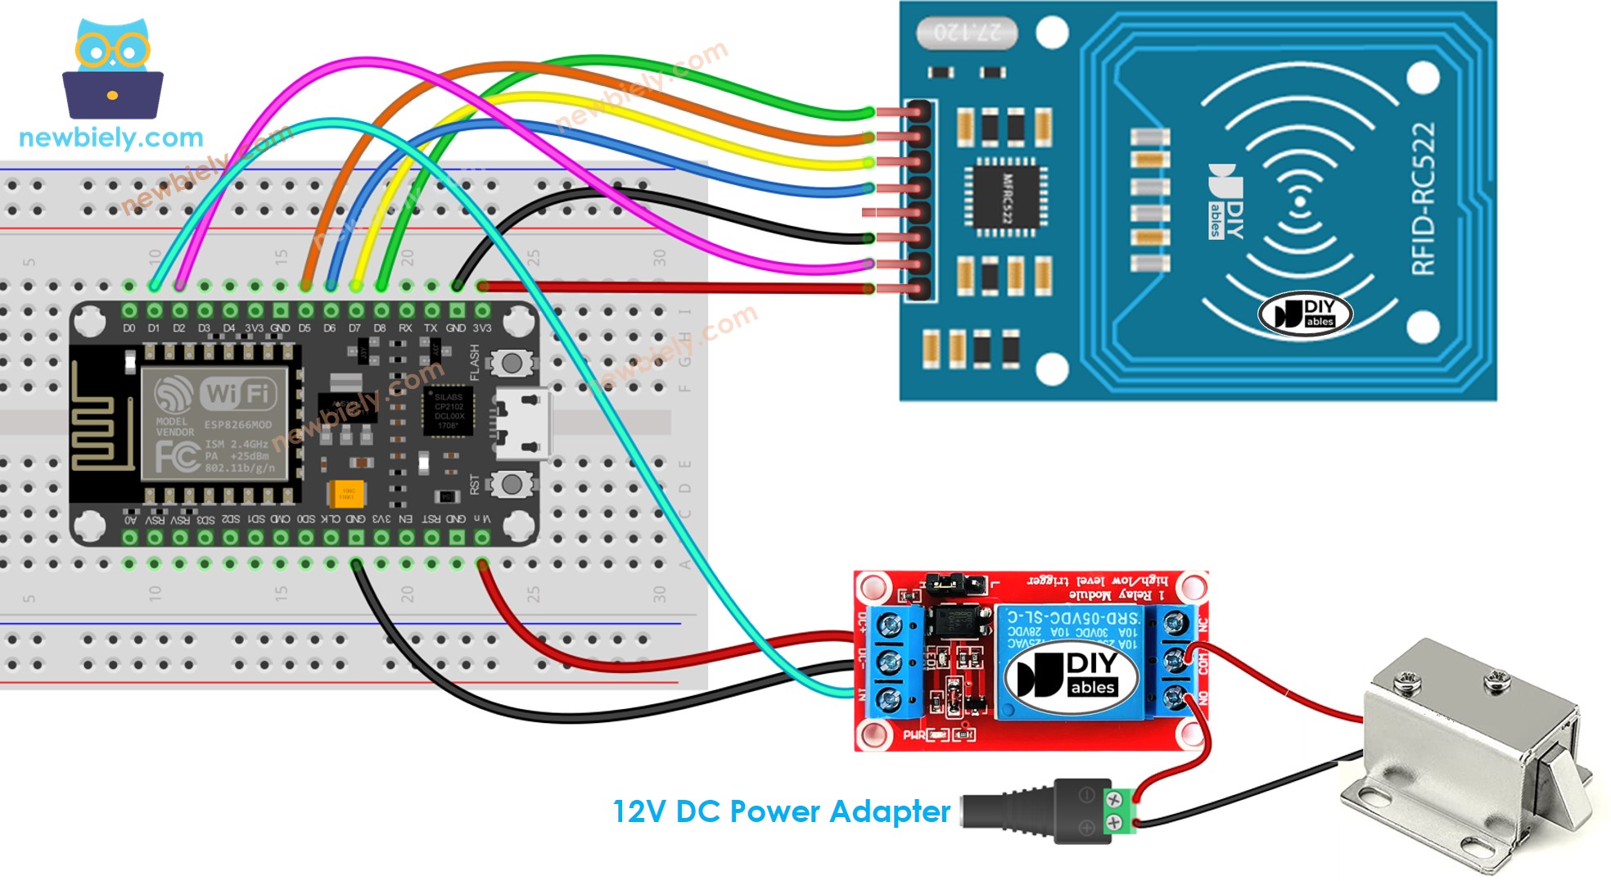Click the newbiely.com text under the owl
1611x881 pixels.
pos(111,138)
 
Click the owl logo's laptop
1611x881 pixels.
pos(113,95)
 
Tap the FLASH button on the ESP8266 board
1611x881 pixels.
pos(512,363)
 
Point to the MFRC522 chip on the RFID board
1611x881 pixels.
pos(1006,197)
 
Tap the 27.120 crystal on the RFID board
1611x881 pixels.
pos(967,33)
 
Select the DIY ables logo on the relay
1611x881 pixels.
pos(1072,675)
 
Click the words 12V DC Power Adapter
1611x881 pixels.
pos(781,811)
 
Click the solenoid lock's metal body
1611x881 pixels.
pos(1465,745)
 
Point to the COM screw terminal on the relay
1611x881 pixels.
pos(1176,660)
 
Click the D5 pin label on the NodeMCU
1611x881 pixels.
pos(305,328)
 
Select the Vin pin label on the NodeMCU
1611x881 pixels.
pos(483,519)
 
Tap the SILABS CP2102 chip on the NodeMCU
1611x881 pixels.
pos(448,410)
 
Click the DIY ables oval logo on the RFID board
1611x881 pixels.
pos(1305,314)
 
